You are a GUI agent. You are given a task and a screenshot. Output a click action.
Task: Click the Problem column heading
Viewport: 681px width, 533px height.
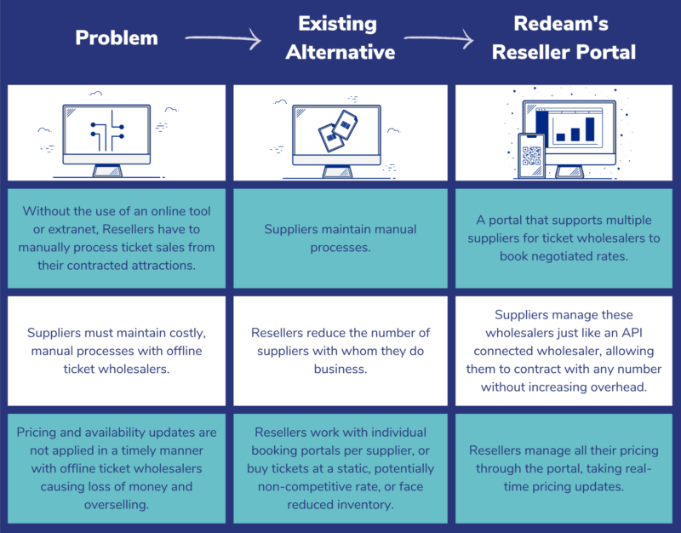click(x=117, y=38)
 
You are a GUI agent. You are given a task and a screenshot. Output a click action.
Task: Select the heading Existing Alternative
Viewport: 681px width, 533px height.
click(x=340, y=38)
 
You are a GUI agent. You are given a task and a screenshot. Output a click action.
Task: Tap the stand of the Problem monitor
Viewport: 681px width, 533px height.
click(x=107, y=169)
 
